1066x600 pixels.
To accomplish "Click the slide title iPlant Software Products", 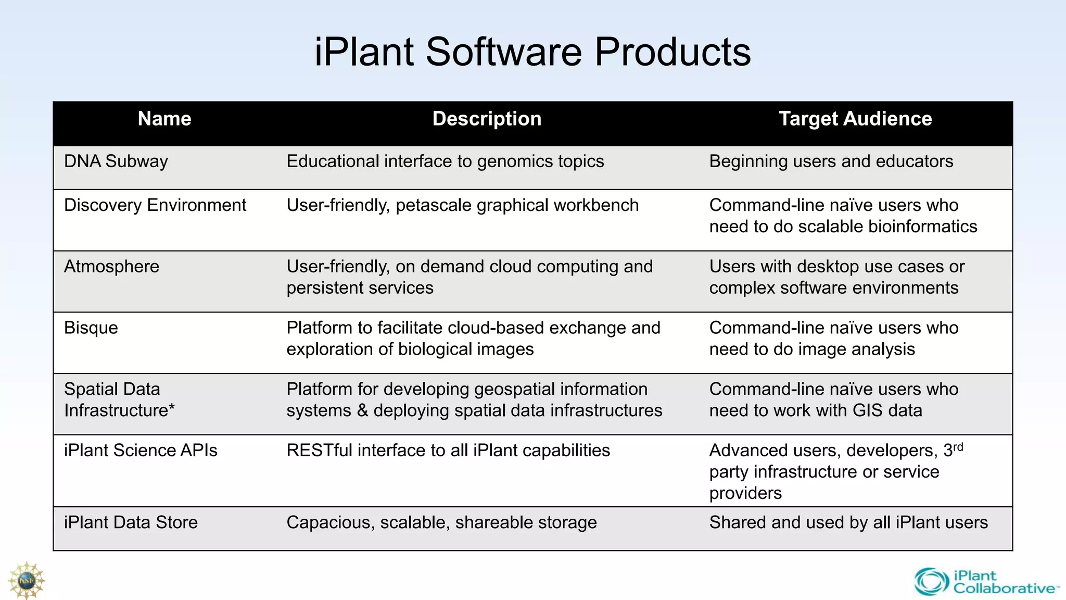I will click(x=532, y=52).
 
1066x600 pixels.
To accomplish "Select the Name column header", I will click(x=164, y=119).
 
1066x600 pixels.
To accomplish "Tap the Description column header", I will click(x=487, y=119).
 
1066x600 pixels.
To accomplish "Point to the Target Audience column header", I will click(x=855, y=119).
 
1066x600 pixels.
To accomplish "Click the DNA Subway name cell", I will click(x=116, y=161).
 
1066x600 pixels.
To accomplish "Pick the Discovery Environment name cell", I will click(x=155, y=205).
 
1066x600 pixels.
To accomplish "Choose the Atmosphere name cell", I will click(x=111, y=267).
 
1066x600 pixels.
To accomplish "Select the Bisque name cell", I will click(x=91, y=328).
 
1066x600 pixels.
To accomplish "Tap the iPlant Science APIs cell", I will click(x=141, y=451).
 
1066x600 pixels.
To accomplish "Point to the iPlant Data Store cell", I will click(x=131, y=522).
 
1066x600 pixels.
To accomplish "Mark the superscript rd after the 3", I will click(x=958, y=447).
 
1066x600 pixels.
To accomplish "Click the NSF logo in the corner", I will click(x=26, y=580).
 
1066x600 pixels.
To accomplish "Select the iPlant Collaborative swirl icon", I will click(x=932, y=582).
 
